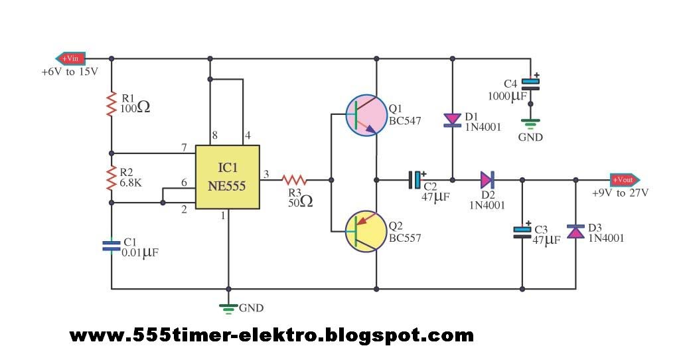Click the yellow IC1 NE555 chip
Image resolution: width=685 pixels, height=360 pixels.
click(226, 178)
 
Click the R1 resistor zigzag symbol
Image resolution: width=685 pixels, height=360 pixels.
click(111, 105)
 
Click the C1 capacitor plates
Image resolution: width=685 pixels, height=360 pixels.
click(111, 246)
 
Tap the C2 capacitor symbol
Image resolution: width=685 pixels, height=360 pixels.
click(416, 179)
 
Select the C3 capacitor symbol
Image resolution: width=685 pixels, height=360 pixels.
click(522, 231)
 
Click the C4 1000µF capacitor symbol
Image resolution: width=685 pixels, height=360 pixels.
click(530, 84)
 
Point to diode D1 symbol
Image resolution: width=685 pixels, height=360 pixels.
click(452, 120)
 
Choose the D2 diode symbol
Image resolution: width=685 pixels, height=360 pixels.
click(487, 179)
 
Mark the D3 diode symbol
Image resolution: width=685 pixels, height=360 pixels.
click(575, 231)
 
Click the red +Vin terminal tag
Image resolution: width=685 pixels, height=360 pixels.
click(70, 58)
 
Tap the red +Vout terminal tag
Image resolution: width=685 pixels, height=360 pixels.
click(624, 179)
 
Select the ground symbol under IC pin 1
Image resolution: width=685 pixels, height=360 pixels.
click(229, 307)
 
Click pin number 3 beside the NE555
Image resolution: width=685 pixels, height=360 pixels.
click(267, 174)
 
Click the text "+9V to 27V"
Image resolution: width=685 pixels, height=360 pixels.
click(620, 193)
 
